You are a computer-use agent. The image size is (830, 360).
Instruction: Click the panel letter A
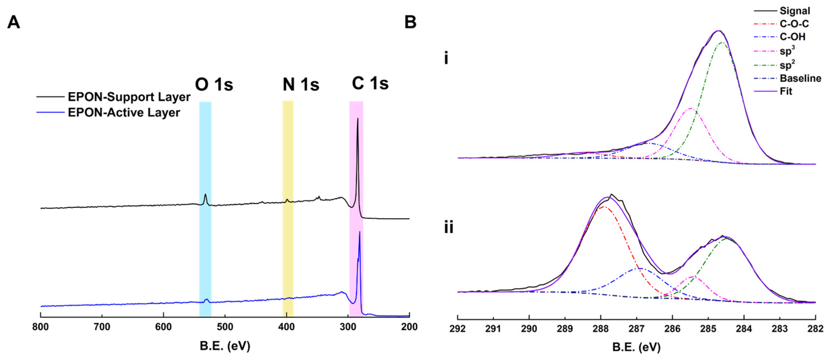pyautogui.click(x=14, y=23)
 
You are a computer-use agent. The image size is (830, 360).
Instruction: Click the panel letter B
pyautogui.click(x=410, y=23)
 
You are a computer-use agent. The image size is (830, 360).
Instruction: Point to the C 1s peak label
pyautogui.click(x=370, y=84)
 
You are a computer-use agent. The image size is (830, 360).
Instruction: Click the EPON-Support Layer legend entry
pyautogui.click(x=129, y=97)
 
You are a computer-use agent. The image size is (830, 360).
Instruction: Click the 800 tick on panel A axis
pyautogui.click(x=41, y=327)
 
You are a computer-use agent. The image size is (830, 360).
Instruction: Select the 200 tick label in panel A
pyautogui.click(x=409, y=327)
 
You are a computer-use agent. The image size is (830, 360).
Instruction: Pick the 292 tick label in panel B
pyautogui.click(x=458, y=329)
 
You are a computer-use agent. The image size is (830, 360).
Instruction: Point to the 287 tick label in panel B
pyautogui.click(x=636, y=329)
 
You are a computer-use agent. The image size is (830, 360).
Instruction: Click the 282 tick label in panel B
pyautogui.click(x=815, y=329)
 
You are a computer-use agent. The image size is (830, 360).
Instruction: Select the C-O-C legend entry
pyautogui.click(x=794, y=24)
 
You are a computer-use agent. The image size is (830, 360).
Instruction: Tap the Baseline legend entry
pyautogui.click(x=800, y=78)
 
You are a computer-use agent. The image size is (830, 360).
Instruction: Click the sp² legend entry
pyautogui.click(x=787, y=65)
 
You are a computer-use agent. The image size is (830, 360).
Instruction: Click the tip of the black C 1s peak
pyautogui.click(x=358, y=119)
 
